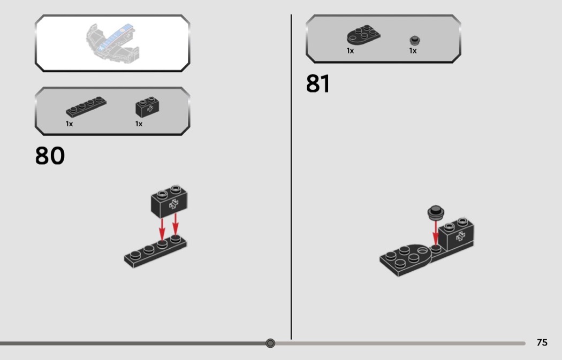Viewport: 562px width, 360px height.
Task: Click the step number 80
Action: click(50, 156)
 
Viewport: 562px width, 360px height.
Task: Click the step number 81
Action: click(318, 84)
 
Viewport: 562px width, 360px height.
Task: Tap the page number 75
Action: click(542, 342)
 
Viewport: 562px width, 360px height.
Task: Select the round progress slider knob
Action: click(270, 343)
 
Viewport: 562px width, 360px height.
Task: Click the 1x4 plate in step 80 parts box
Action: click(86, 107)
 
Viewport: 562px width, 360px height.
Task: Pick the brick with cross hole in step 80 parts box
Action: click(147, 107)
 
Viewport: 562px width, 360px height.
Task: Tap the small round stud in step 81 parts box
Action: click(415, 40)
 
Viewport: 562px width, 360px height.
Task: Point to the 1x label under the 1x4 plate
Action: click(69, 124)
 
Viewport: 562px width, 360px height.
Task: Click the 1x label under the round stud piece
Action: click(413, 51)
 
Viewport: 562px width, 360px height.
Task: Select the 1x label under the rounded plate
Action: click(350, 51)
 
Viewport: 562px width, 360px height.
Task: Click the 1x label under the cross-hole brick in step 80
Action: click(139, 124)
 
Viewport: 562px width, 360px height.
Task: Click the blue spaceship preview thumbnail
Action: click(112, 42)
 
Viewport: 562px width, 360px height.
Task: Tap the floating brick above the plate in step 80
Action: click(169, 201)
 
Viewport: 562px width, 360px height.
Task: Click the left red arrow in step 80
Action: click(162, 229)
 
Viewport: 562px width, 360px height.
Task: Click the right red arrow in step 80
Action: click(175, 224)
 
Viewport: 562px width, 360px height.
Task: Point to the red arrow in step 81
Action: click(436, 233)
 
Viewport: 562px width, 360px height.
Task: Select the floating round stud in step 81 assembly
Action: click(436, 212)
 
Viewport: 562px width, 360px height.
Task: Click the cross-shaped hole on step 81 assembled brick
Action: click(460, 236)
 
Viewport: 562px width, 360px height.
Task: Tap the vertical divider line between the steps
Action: click(291, 177)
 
